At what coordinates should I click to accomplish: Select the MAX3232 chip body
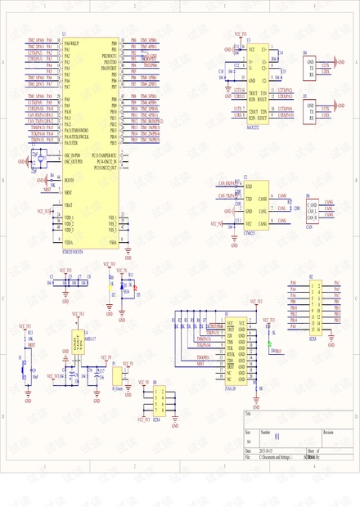pos(258,82)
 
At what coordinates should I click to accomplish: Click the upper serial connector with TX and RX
pos(313,66)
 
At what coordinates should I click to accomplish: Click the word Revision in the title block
pos(328,431)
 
